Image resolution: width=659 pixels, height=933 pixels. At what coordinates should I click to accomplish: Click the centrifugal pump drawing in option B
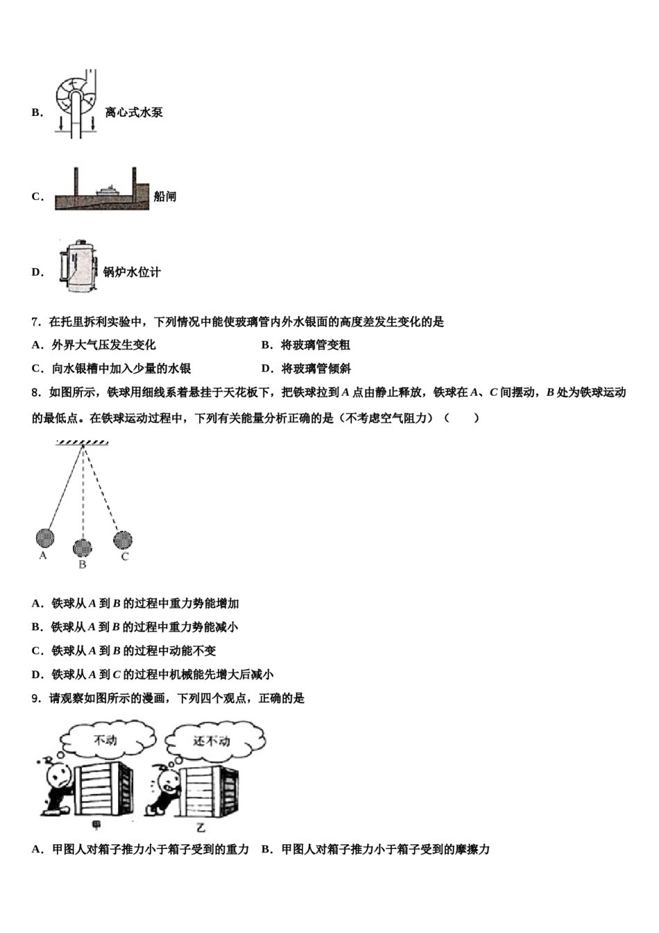pyautogui.click(x=75, y=103)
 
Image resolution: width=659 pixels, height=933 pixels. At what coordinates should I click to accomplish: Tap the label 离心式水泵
pyautogui.click(x=134, y=112)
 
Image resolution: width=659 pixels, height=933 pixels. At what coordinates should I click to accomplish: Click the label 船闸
pyautogui.click(x=164, y=197)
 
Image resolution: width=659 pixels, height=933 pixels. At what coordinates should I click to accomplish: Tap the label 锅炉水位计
pyautogui.click(x=132, y=272)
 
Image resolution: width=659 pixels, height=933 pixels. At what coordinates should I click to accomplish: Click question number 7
pyautogui.click(x=35, y=322)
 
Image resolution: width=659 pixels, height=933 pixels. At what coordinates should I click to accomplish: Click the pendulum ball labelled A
pyautogui.click(x=44, y=537)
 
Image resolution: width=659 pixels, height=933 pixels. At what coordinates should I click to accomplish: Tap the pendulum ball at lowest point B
pyautogui.click(x=83, y=547)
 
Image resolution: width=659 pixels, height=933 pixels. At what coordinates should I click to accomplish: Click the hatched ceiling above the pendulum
pyautogui.click(x=83, y=442)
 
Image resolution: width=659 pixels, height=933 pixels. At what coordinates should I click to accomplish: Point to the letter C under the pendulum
pyautogui.click(x=125, y=557)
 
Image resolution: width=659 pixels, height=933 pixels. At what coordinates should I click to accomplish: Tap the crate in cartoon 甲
pyautogui.click(x=101, y=789)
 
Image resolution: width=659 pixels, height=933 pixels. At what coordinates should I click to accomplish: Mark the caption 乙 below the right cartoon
pyautogui.click(x=200, y=827)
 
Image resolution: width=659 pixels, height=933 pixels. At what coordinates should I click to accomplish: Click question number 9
pyautogui.click(x=35, y=698)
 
